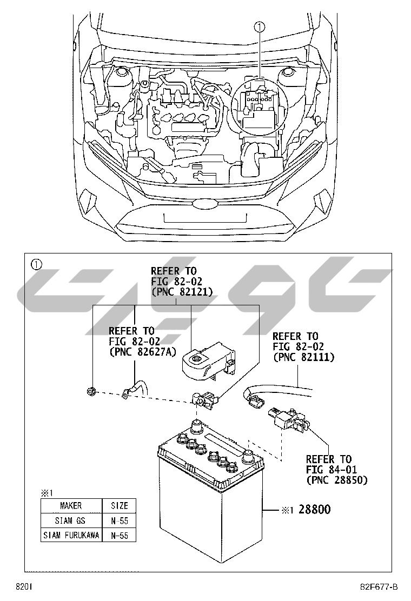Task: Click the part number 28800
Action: click(x=314, y=509)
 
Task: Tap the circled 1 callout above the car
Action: click(x=260, y=26)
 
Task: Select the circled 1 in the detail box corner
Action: click(x=36, y=264)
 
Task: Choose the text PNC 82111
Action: click(x=303, y=357)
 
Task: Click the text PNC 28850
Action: click(x=336, y=480)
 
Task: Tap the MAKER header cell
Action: click(x=71, y=506)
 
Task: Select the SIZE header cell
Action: click(x=120, y=506)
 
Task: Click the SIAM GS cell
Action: click(x=71, y=520)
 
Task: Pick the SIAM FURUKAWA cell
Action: click(x=71, y=535)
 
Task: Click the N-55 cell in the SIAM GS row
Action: click(x=120, y=520)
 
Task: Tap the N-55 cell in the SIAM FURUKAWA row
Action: click(x=120, y=535)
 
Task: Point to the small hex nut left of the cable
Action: click(x=92, y=391)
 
